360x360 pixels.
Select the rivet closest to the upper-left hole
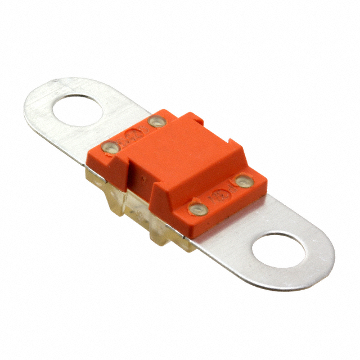(x=110, y=148)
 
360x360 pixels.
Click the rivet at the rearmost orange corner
(x=156, y=121)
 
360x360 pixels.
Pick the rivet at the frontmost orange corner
(x=197, y=210)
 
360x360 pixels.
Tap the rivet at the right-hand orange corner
(x=243, y=181)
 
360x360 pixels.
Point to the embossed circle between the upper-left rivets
(x=133, y=135)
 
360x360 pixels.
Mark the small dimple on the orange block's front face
(x=145, y=182)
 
